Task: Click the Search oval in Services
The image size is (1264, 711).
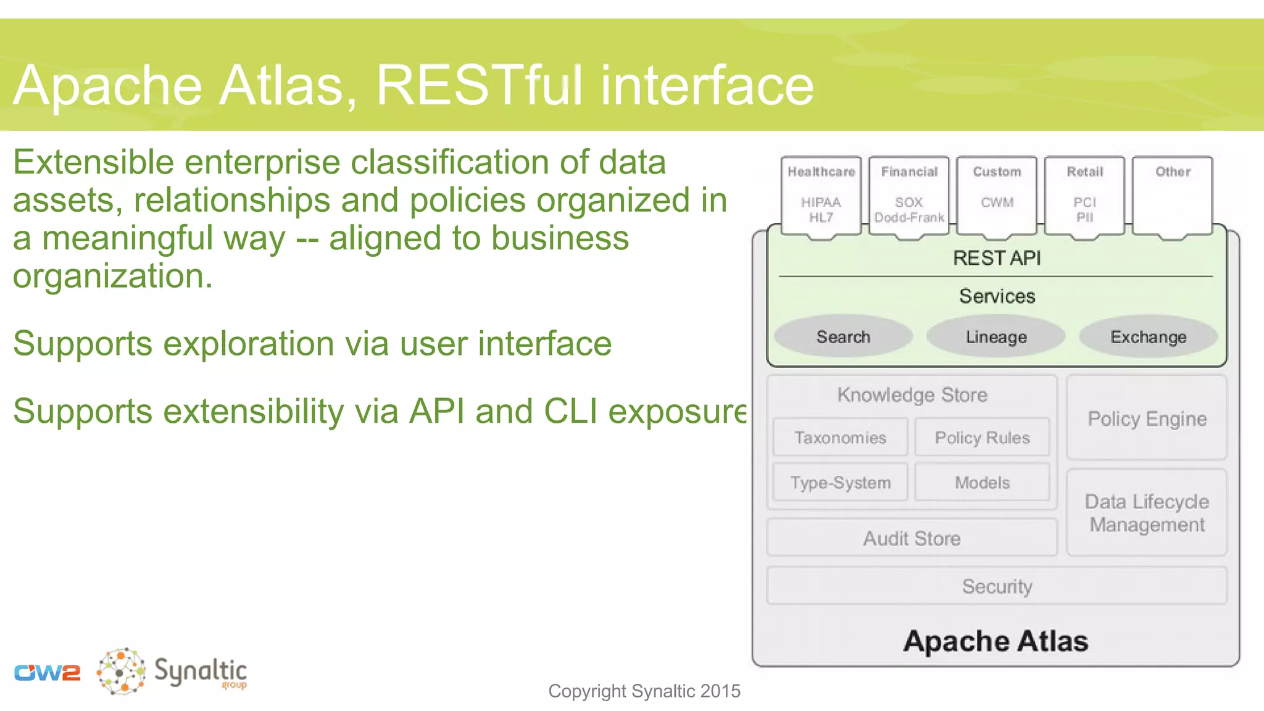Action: [x=843, y=336]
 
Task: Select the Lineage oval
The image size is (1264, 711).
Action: [x=996, y=336]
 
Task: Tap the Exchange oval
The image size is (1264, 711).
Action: [x=1148, y=336]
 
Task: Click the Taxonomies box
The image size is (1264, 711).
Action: [x=840, y=438]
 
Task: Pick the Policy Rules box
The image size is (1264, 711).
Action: [x=982, y=438]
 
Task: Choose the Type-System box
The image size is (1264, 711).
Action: [x=840, y=483]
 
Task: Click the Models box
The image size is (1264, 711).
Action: [x=982, y=483]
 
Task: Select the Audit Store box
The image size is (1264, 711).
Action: [x=912, y=538]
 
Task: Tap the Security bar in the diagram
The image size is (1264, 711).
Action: [x=996, y=586]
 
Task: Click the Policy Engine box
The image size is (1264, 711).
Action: [x=1147, y=418]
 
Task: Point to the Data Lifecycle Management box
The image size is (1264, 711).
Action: [x=1147, y=513]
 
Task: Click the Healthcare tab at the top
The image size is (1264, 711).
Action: [x=821, y=195]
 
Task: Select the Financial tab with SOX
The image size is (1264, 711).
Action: [x=909, y=195]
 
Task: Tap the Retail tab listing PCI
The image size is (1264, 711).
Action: [x=1084, y=195]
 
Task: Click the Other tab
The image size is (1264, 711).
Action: [x=1173, y=195]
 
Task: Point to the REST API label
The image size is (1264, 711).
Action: [x=996, y=258]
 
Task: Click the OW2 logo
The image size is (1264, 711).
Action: [x=47, y=672]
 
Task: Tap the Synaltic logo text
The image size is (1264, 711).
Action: [x=200, y=671]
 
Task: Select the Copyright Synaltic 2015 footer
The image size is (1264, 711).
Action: [x=644, y=691]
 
